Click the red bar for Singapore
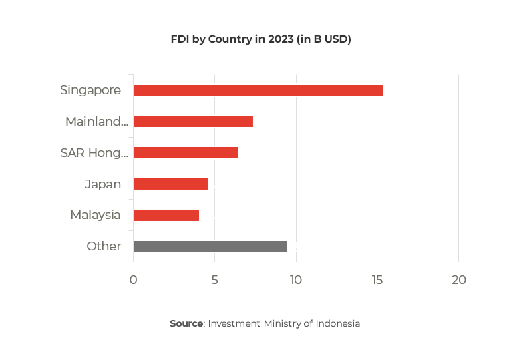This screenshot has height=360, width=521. click(258, 90)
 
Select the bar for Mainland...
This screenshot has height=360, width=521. click(193, 122)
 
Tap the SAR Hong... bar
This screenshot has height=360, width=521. click(186, 152)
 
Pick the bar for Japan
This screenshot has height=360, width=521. click(170, 184)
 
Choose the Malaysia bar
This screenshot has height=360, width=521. click(166, 215)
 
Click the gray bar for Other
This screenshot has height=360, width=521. click(210, 246)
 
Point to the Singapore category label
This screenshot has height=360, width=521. click(90, 90)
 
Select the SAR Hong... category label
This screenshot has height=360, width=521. click(94, 152)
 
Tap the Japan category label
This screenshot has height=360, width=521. click(102, 184)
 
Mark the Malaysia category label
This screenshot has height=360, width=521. click(96, 215)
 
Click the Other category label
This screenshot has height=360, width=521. click(104, 246)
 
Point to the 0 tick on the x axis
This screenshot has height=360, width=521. click(133, 280)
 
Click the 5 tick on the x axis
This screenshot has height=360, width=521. click(214, 280)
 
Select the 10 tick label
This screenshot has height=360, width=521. click(295, 280)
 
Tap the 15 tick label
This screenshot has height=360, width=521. click(377, 280)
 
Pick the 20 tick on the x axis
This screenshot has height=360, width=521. click(458, 280)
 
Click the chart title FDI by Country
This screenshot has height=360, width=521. click(260, 39)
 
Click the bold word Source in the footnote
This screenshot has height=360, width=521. click(186, 323)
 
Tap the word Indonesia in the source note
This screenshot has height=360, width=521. click(337, 323)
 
